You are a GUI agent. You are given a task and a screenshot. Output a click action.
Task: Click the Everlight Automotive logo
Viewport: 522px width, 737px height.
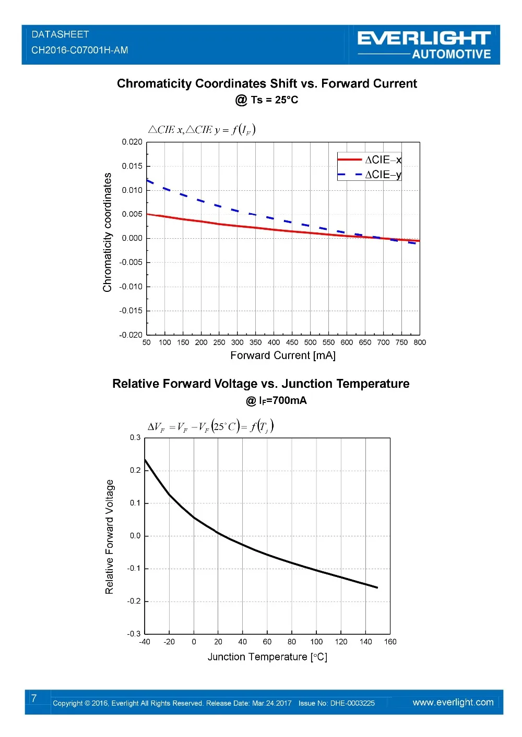point(424,45)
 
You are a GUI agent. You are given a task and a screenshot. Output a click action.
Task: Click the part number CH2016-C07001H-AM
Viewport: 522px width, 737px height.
point(79,50)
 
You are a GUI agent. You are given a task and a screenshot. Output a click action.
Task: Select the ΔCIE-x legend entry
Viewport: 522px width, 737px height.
point(383,159)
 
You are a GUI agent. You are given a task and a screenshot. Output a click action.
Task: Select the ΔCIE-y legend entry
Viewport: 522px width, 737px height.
point(383,175)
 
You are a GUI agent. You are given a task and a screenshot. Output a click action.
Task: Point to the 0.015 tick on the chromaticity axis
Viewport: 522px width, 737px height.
point(132,166)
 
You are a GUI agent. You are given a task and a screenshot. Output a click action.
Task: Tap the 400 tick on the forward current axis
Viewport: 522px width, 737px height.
point(274,342)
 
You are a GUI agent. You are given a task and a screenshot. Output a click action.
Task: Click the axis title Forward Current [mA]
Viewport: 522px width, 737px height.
point(283,355)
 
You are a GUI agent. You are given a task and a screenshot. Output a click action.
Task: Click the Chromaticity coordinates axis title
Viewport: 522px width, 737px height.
point(108,232)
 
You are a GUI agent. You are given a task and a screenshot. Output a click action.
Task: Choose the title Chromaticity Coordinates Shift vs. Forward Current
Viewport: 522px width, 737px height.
point(267,83)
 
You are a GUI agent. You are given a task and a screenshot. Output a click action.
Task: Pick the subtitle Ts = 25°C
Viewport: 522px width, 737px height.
point(267,100)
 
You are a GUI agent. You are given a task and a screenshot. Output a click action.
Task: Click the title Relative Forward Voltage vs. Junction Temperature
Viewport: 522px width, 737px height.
point(260,384)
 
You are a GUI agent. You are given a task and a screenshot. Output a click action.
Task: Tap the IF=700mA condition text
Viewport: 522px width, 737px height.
point(277,400)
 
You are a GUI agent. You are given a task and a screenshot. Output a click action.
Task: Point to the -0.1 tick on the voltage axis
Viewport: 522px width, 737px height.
point(134,568)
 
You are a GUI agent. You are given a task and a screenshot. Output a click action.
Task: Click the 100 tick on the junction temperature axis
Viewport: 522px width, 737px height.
point(316,642)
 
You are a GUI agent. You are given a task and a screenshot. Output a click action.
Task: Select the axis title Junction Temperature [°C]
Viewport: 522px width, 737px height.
point(267,657)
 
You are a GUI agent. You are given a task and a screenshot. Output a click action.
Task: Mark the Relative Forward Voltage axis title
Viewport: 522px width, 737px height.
point(109,537)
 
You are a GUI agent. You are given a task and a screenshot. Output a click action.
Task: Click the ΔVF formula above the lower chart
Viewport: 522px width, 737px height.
point(210,427)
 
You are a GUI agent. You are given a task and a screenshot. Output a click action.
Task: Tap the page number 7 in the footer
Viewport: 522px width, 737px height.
point(34,698)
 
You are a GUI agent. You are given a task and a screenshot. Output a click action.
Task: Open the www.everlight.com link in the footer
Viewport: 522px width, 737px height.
point(453,702)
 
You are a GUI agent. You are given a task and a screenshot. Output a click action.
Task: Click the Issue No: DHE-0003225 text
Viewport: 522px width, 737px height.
point(337,703)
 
